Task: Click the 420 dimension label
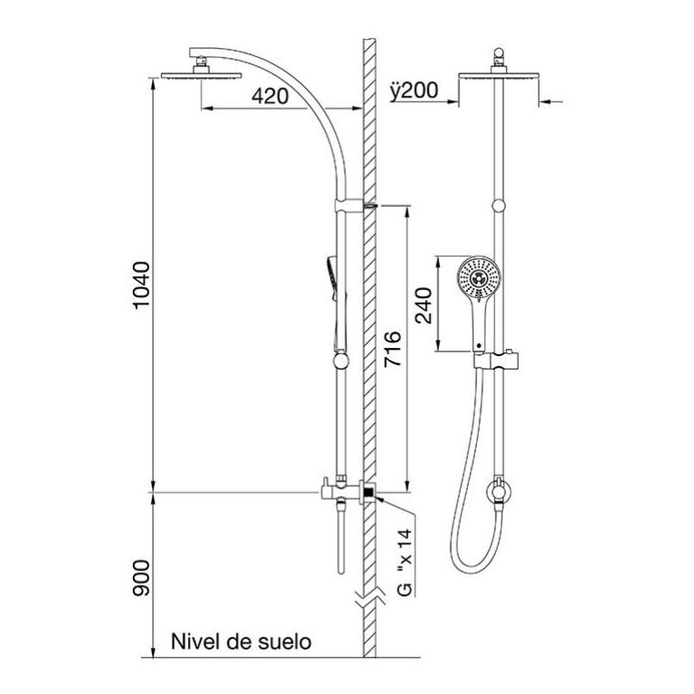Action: [x=270, y=96]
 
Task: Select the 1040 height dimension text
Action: [x=142, y=285]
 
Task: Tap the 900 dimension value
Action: [x=142, y=578]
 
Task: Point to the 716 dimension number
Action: [x=392, y=348]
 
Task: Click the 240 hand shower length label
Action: [x=423, y=305]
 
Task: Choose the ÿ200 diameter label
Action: [x=414, y=90]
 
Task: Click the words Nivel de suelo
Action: [x=241, y=642]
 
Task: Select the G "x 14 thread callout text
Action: [x=404, y=562]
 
